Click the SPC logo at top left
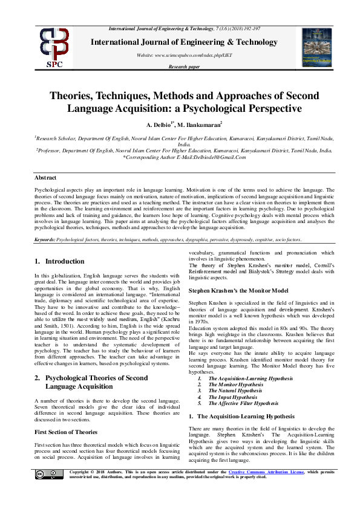click(55, 47)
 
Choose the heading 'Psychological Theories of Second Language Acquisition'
click(91, 381)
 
